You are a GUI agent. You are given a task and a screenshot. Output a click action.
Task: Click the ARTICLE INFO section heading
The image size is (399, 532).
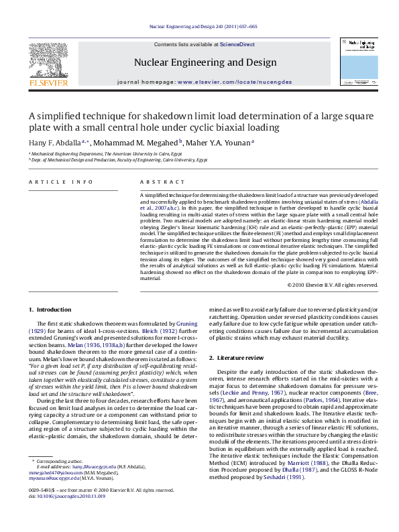56,181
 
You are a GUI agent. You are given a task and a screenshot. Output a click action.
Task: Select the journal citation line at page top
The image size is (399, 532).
199,27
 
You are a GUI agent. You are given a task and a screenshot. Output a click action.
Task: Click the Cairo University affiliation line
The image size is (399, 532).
109,161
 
